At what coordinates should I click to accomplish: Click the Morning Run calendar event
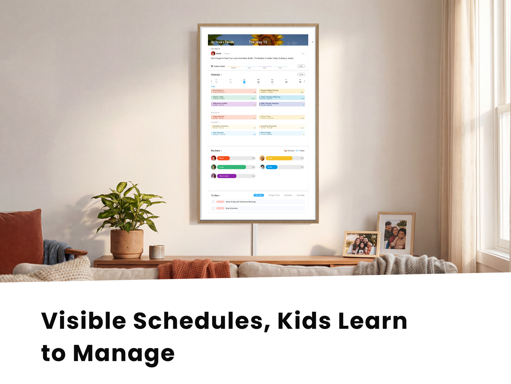[x=234, y=91]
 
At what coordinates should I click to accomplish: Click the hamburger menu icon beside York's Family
[x=212, y=42]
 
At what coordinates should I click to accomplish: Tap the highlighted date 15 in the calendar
[x=244, y=82]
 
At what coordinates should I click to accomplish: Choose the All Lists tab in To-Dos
[x=258, y=195]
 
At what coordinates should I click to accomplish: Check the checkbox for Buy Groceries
[x=213, y=208]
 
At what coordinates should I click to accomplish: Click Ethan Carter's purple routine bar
[x=227, y=176]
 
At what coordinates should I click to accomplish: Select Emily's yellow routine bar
[x=279, y=158]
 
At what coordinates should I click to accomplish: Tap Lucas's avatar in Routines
[x=214, y=167]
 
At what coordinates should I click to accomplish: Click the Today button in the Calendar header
[x=301, y=75]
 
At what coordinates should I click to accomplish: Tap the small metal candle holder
[x=156, y=252]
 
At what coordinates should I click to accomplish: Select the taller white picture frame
[x=396, y=233]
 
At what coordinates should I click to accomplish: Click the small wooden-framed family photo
[x=361, y=244]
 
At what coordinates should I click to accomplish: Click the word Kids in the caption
[x=304, y=321]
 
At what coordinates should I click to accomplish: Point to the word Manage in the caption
[x=123, y=354]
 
